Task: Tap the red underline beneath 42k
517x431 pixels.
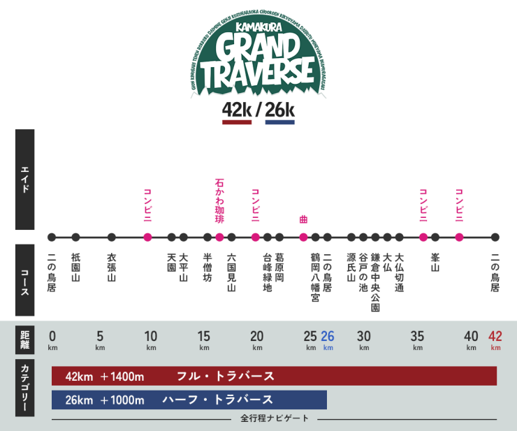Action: click(236, 122)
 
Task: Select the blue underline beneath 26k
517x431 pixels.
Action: click(279, 122)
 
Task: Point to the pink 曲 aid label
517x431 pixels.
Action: click(303, 219)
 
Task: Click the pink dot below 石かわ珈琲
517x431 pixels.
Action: click(219, 237)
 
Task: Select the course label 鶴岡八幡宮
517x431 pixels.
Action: click(315, 277)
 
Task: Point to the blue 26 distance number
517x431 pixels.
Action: click(328, 335)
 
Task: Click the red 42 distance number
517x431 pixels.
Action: click(495, 335)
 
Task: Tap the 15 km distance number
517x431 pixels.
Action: click(204, 335)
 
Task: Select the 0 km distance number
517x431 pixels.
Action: click(52, 335)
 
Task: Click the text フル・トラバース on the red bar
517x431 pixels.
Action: click(225, 377)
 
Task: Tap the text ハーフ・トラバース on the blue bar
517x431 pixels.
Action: click(217, 400)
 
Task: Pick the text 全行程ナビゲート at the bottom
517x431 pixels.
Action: click(274, 418)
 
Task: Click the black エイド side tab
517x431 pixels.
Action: click(25, 180)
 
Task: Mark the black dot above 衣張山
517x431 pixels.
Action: click(112, 237)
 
